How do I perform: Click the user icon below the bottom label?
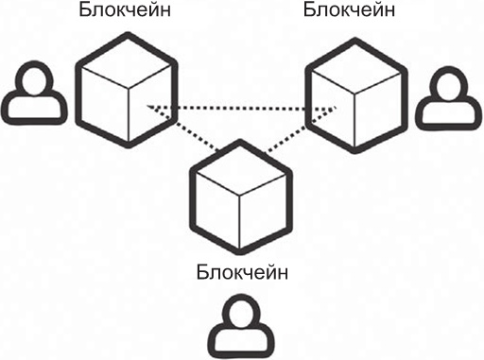pos(241,326)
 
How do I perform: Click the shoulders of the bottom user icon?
pos(241,340)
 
